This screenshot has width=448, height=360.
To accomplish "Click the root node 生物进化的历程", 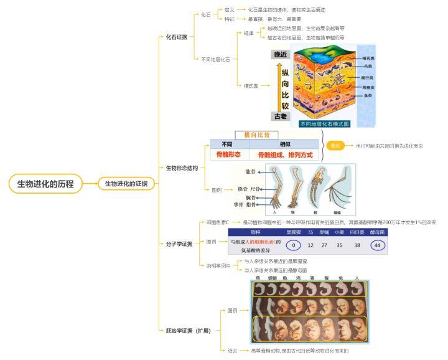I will click(45, 183).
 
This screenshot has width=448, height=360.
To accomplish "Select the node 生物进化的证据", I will click(126, 183).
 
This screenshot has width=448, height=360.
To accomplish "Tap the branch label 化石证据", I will click(176, 37).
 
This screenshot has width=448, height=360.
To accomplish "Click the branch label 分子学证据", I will click(179, 244).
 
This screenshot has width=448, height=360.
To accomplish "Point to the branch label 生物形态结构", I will click(182, 168).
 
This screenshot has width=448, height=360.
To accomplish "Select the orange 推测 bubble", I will click(335, 145).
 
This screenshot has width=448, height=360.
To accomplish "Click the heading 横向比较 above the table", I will click(257, 135).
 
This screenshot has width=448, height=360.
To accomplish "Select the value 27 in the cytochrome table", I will click(324, 245).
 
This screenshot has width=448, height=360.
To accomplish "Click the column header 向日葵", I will click(357, 232).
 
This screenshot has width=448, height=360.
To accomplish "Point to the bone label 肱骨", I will click(250, 171).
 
